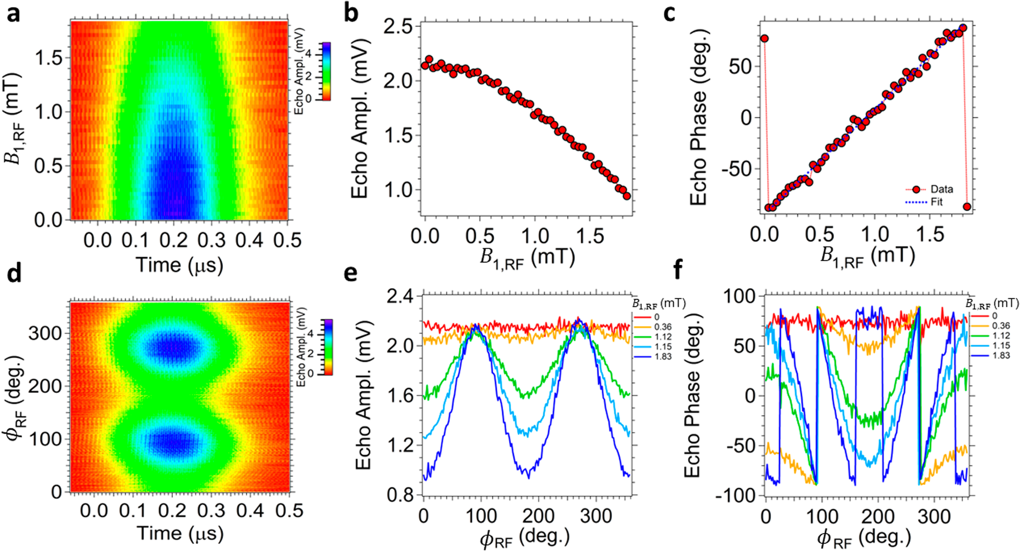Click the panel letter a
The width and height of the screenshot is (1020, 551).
[13, 14]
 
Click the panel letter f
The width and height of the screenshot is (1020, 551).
[678, 271]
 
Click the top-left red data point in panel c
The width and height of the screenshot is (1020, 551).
[764, 39]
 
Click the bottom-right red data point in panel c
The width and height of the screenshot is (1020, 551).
[966, 207]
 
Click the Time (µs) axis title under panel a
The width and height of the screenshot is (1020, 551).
[179, 265]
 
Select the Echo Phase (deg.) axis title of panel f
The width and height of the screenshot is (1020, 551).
[692, 395]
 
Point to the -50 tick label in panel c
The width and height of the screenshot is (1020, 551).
[736, 169]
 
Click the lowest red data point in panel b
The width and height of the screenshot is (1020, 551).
[627, 196]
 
